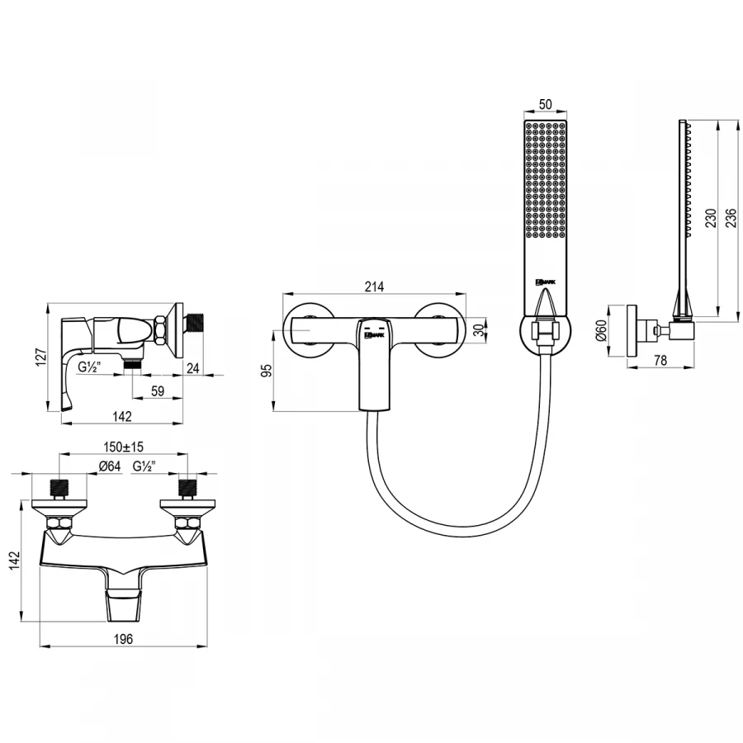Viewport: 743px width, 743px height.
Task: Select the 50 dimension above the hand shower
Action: (545, 105)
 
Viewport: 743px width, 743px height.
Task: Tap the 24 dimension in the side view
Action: (192, 368)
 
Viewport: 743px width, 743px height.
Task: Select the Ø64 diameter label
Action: (109, 467)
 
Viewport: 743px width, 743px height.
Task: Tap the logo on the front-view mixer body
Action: (374, 334)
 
